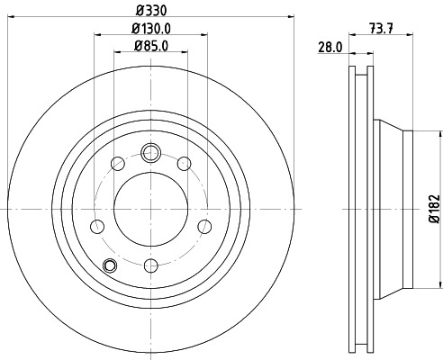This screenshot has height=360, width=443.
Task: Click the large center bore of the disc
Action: point(150,208)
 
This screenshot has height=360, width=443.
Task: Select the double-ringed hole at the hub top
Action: point(150,150)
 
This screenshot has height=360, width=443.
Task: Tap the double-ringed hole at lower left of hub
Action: point(110,265)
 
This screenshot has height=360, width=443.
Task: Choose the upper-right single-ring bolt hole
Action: point(184,163)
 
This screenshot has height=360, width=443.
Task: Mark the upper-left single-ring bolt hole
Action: point(117,163)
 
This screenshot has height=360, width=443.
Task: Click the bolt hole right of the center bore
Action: point(203,225)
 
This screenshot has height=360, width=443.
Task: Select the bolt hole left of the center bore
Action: point(98,225)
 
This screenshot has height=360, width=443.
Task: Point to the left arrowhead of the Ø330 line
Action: point(9,15)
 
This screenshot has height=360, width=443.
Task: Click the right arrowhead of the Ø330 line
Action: point(291,15)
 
